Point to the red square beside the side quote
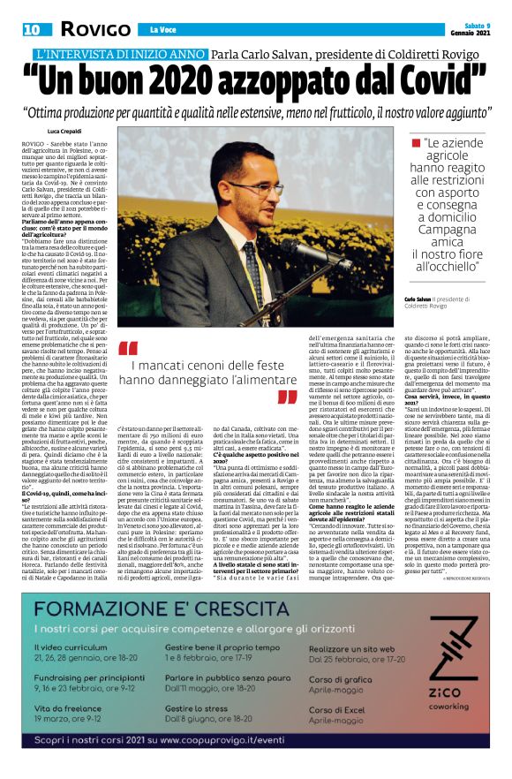coord(413,142)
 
